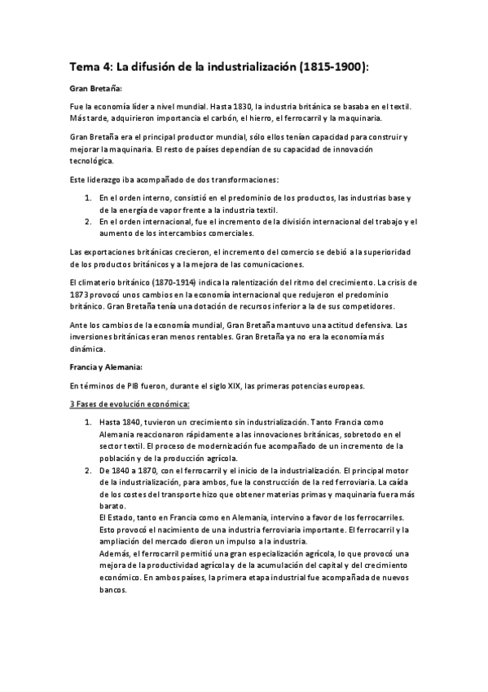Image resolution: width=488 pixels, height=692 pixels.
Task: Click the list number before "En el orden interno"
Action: (x=88, y=197)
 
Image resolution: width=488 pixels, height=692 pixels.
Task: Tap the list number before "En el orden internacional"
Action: (x=88, y=221)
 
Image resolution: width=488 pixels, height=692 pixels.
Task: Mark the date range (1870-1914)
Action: (x=166, y=282)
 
